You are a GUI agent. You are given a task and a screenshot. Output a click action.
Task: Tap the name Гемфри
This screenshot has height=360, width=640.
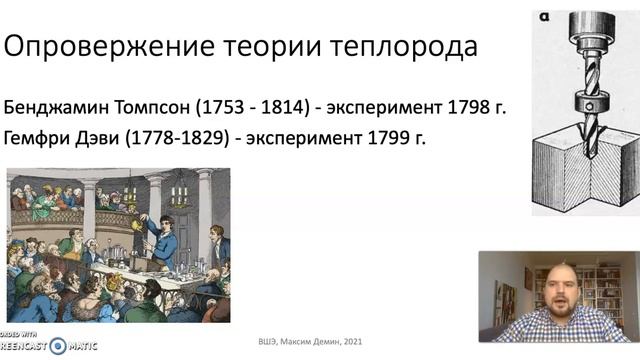[37, 137]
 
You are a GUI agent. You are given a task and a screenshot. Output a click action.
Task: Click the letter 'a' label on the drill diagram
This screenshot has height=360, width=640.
[540, 17]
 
